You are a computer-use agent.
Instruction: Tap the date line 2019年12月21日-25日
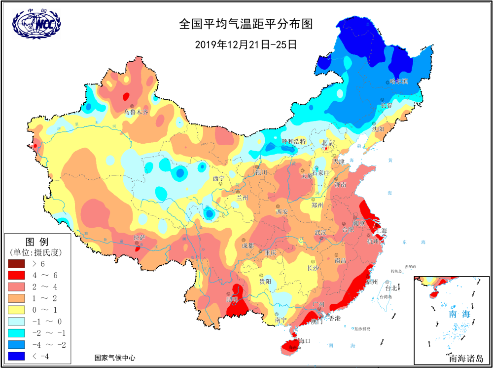pyautogui.click(x=246, y=44)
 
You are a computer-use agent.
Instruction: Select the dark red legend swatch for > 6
pyautogui.click(x=19, y=264)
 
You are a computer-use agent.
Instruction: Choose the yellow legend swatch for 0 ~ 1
pyautogui.click(x=19, y=310)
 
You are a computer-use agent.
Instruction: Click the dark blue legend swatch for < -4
pyautogui.click(x=19, y=356)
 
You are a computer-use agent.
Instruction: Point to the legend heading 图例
pyautogui.click(x=37, y=242)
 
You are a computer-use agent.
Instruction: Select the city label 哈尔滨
pyautogui.click(x=398, y=82)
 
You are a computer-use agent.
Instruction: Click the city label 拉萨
pyautogui.click(x=140, y=238)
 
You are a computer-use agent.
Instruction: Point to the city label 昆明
pyautogui.click(x=232, y=300)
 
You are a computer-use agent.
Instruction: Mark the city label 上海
pyautogui.click(x=381, y=231)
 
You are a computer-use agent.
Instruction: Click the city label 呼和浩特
pyautogui.click(x=294, y=141)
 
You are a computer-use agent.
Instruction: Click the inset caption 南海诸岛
pyautogui.click(x=466, y=357)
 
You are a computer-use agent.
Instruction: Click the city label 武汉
pyautogui.click(x=320, y=232)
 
